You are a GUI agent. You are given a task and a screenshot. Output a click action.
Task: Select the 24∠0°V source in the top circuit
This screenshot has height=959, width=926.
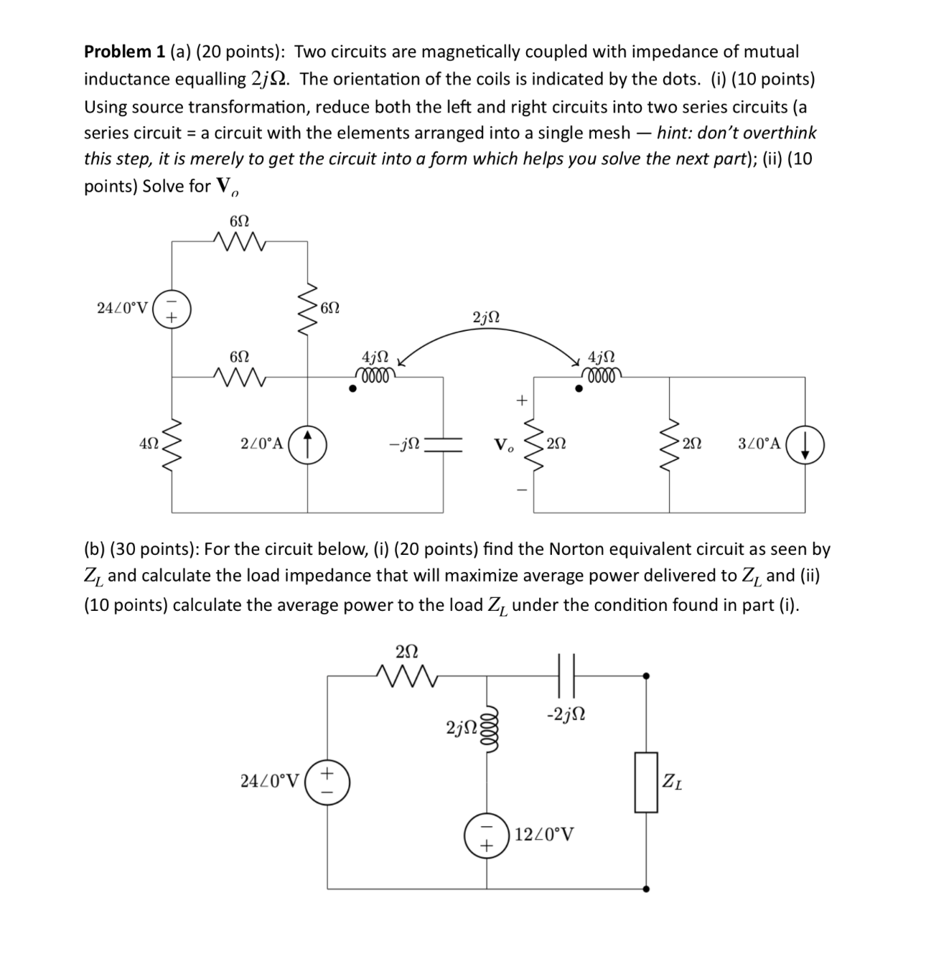tap(172, 309)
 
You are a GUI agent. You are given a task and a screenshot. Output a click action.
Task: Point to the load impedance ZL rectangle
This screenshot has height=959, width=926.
tap(646, 782)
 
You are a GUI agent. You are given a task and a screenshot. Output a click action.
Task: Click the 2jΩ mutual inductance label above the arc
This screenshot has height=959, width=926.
tap(487, 317)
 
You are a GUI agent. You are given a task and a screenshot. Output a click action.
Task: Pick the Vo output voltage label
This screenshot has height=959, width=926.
tap(503, 444)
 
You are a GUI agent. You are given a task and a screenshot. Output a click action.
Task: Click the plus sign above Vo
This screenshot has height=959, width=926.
tap(523, 400)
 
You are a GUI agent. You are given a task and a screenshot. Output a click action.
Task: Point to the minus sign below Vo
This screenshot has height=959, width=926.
tap(523, 491)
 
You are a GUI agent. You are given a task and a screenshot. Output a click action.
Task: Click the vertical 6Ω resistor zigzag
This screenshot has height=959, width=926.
tap(309, 310)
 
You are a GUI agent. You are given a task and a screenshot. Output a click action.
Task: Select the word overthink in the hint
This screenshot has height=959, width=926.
tap(780, 133)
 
